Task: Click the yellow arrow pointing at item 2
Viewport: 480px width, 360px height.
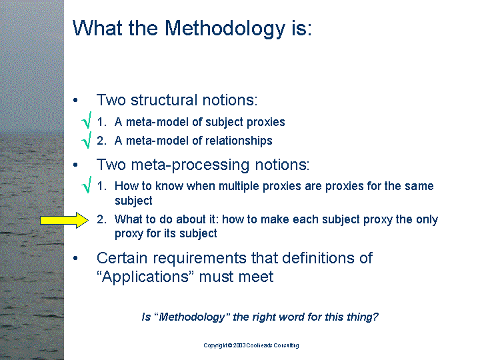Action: (64, 220)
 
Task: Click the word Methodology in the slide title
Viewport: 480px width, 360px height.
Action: (225, 29)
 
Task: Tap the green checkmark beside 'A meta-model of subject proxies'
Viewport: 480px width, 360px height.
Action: (87, 120)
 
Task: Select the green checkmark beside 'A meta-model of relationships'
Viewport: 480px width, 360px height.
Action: (87, 140)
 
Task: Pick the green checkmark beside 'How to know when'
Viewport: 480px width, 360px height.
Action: (87, 185)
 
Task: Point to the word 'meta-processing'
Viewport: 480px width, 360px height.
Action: (190, 165)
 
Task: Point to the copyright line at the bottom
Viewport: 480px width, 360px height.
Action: (251, 345)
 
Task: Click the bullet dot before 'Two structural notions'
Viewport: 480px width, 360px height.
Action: (75, 100)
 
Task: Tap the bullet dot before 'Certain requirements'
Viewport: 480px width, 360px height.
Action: (75, 258)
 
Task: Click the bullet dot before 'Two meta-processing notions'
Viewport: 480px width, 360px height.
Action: (75, 165)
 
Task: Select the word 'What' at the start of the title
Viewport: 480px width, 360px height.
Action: (97, 28)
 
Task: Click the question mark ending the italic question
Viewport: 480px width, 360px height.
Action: (375, 317)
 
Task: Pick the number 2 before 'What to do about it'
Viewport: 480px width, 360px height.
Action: (100, 219)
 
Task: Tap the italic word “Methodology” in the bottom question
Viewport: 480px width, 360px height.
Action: (192, 317)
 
